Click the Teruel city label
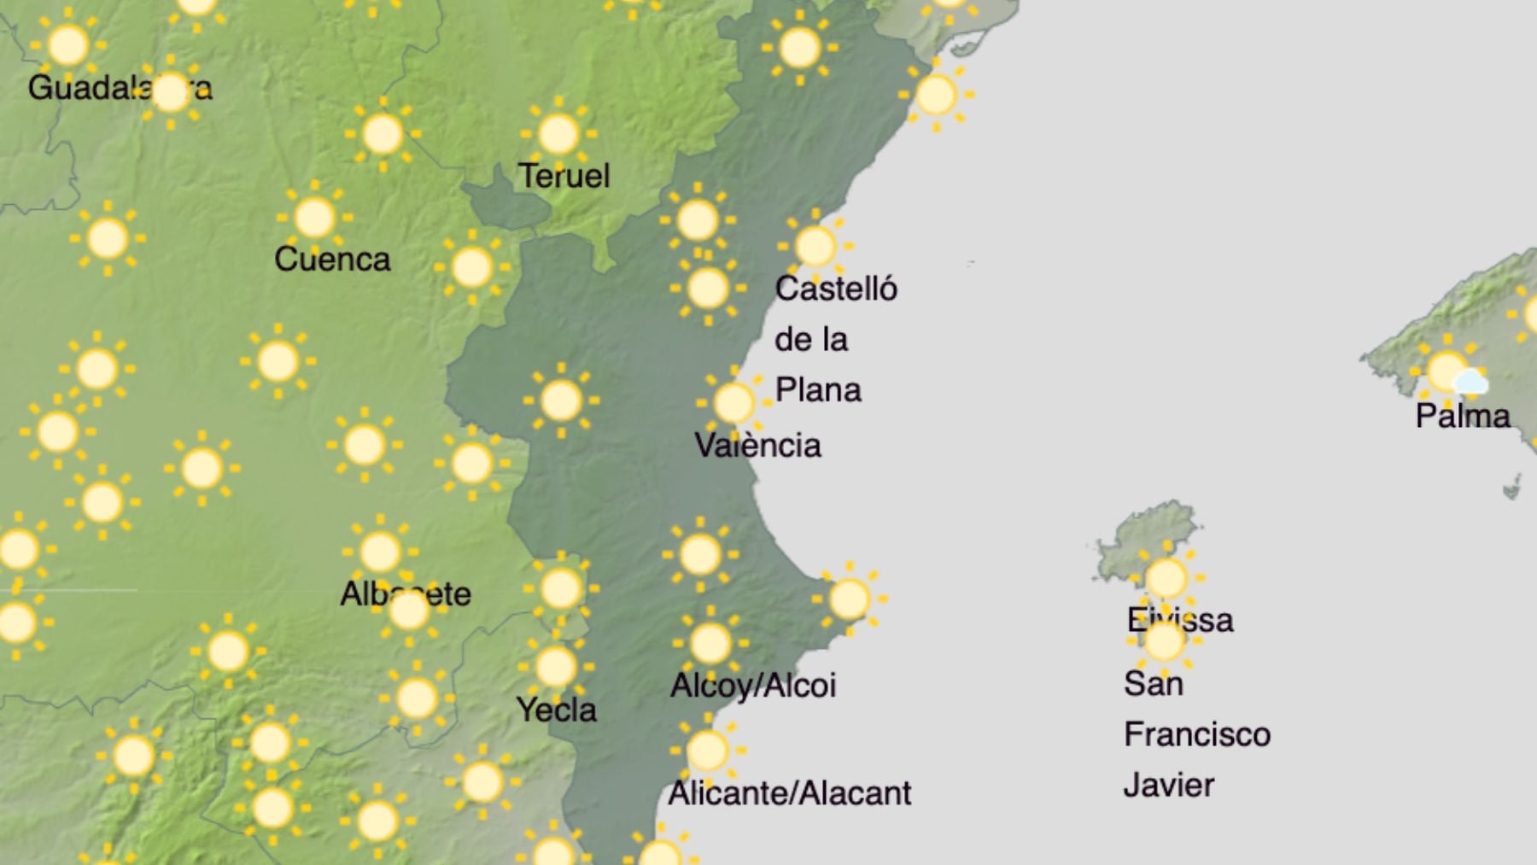point(564,176)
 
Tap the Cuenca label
point(332,259)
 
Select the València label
point(757,445)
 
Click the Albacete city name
point(406,593)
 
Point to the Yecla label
point(556,710)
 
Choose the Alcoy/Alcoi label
point(753,685)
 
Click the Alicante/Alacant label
point(789,793)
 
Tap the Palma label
point(1463,416)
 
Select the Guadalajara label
point(120,87)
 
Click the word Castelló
point(836,289)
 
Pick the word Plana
point(818,390)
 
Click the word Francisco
point(1197,734)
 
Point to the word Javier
point(1168,785)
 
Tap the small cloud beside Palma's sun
point(1470,382)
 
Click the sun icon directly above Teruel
point(558,134)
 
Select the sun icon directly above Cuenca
point(314,218)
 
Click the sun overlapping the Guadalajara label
point(171,91)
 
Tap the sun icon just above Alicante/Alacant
point(707,751)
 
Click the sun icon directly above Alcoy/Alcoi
point(710,643)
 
